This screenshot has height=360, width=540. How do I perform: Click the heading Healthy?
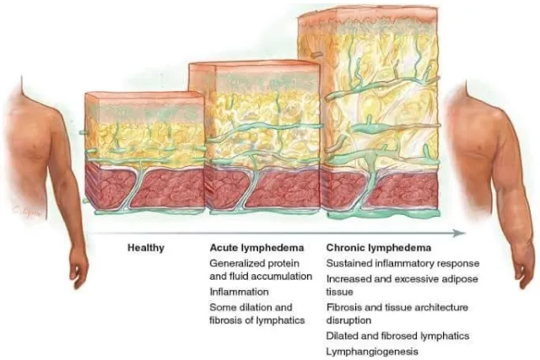pyautogui.click(x=146, y=248)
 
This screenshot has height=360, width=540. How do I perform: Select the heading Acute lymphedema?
pyautogui.click(x=256, y=248)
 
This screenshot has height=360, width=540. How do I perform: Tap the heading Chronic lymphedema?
pyautogui.click(x=379, y=248)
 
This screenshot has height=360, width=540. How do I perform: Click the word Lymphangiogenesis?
pyautogui.click(x=372, y=352)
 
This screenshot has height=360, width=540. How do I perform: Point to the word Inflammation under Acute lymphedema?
pyautogui.click(x=240, y=292)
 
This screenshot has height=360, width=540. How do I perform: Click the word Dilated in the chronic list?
pyautogui.click(x=339, y=336)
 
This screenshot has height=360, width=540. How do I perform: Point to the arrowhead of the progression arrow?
pyautogui.click(x=459, y=234)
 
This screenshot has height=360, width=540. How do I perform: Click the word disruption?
pyautogui.click(x=348, y=320)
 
